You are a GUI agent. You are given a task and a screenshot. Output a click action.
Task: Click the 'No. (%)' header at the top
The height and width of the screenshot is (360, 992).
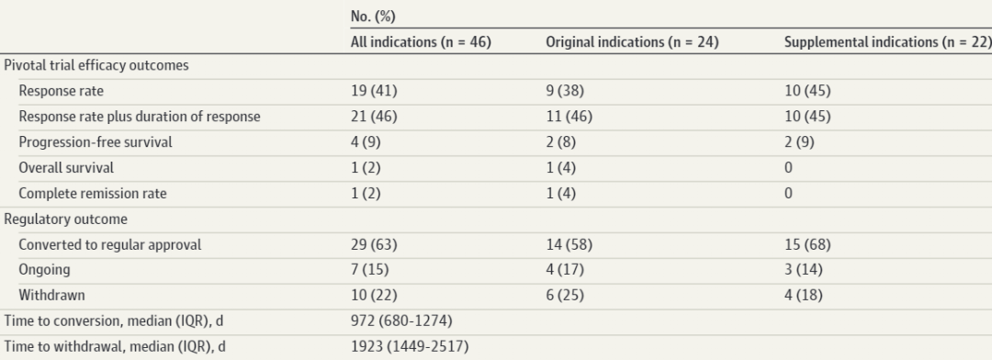pyautogui.click(x=373, y=17)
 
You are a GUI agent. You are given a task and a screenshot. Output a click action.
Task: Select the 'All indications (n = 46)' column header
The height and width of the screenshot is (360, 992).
pyautogui.click(x=421, y=42)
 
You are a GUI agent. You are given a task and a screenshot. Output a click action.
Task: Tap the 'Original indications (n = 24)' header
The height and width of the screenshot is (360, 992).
pyautogui.click(x=632, y=42)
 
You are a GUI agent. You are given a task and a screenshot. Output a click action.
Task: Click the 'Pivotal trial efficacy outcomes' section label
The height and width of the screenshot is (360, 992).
pyautogui.click(x=96, y=65)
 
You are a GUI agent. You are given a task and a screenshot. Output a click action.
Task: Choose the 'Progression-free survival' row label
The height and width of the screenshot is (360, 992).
pyautogui.click(x=95, y=141)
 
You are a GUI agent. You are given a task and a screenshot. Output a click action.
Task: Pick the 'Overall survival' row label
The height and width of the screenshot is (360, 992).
pyautogui.click(x=66, y=168)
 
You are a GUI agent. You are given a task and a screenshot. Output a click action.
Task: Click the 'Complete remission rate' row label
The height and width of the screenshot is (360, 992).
pyautogui.click(x=93, y=193)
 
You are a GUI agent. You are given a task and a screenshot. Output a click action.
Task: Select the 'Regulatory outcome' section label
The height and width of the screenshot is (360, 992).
pyautogui.click(x=65, y=219)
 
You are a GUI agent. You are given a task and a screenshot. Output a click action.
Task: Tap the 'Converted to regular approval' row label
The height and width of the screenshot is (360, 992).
pyautogui.click(x=109, y=244)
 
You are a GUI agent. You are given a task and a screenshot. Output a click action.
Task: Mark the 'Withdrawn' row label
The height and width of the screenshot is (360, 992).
pyautogui.click(x=51, y=295)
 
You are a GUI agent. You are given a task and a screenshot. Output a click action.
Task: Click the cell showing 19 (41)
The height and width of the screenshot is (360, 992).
pyautogui.click(x=374, y=91)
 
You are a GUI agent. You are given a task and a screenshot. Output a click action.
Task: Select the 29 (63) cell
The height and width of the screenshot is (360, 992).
pyautogui.click(x=374, y=244)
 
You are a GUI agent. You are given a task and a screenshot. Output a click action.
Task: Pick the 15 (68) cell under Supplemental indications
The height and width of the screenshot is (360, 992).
pyautogui.click(x=807, y=244)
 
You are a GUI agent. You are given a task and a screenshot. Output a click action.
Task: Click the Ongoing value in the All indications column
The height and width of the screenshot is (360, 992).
pyautogui.click(x=369, y=269)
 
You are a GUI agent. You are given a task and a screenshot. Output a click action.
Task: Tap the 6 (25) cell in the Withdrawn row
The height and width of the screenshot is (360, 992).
pyautogui.click(x=565, y=295)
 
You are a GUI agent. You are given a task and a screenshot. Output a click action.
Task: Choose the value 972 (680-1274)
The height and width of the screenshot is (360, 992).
pyautogui.click(x=401, y=321)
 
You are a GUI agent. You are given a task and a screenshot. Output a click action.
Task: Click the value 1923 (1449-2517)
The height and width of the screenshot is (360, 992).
pyautogui.click(x=410, y=347)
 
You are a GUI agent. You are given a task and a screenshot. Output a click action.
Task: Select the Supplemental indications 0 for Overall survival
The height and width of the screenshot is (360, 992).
pyautogui.click(x=788, y=168)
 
